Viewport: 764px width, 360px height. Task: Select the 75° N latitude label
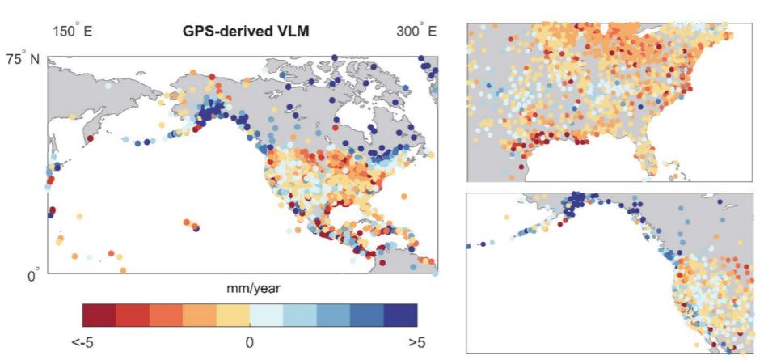(x=23, y=60)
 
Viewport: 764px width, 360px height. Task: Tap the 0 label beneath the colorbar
(x=249, y=342)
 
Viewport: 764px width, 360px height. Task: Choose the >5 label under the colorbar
(x=417, y=342)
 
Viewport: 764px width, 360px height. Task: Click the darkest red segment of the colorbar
(x=99, y=314)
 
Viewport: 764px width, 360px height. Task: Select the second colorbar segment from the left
(x=132, y=314)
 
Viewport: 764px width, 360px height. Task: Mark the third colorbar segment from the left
(x=166, y=314)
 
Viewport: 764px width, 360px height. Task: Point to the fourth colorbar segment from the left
(x=199, y=314)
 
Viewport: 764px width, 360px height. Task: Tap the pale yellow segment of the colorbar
(x=233, y=314)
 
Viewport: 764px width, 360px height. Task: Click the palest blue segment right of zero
(x=266, y=314)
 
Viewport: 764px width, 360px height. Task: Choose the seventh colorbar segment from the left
(x=300, y=314)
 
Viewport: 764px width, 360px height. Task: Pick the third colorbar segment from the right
(x=333, y=314)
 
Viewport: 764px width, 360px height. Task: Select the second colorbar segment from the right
(x=367, y=314)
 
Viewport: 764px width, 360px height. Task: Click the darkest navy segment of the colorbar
(x=400, y=314)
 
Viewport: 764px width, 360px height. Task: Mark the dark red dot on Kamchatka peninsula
(x=90, y=138)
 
